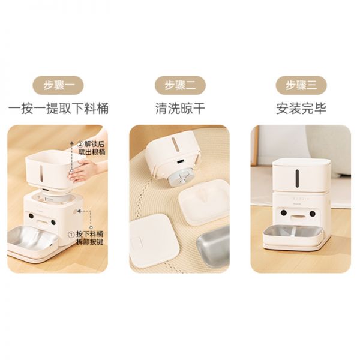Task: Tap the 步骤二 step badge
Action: point(180,85)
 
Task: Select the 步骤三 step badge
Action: point(301,85)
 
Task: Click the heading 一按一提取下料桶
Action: point(59,109)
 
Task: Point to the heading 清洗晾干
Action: point(179,109)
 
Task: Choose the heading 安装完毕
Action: point(301,109)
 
